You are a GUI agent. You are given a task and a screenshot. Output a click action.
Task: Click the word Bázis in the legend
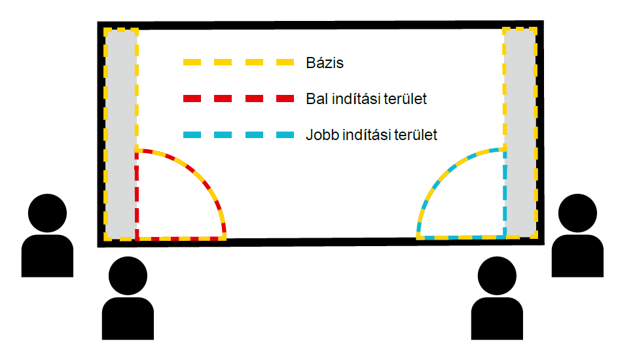click(324, 63)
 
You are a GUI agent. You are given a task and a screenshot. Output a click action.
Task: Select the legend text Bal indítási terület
click(366, 99)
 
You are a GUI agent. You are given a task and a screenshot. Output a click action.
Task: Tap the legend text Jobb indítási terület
click(371, 135)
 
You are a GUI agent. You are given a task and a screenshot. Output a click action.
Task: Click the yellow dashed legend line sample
click(238, 63)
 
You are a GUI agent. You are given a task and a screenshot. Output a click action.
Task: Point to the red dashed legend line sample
click(238, 99)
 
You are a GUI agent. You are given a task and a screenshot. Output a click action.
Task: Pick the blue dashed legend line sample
click(238, 135)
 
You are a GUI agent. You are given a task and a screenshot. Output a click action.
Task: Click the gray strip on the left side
click(121, 131)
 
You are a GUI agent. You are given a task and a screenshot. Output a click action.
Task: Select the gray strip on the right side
click(520, 131)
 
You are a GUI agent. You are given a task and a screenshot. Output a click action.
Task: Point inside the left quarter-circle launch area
click(170, 203)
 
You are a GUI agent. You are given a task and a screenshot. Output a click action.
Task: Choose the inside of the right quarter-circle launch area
click(471, 203)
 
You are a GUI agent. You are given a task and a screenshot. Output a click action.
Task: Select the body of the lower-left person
click(128, 319)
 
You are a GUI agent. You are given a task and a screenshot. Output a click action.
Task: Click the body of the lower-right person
click(497, 319)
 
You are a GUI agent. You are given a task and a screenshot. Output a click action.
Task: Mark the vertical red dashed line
click(136, 196)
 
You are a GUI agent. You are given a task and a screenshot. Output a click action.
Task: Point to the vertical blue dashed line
click(505, 196)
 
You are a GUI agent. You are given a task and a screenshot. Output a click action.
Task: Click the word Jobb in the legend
click(321, 135)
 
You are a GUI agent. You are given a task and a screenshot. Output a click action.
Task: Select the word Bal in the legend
click(316, 99)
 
